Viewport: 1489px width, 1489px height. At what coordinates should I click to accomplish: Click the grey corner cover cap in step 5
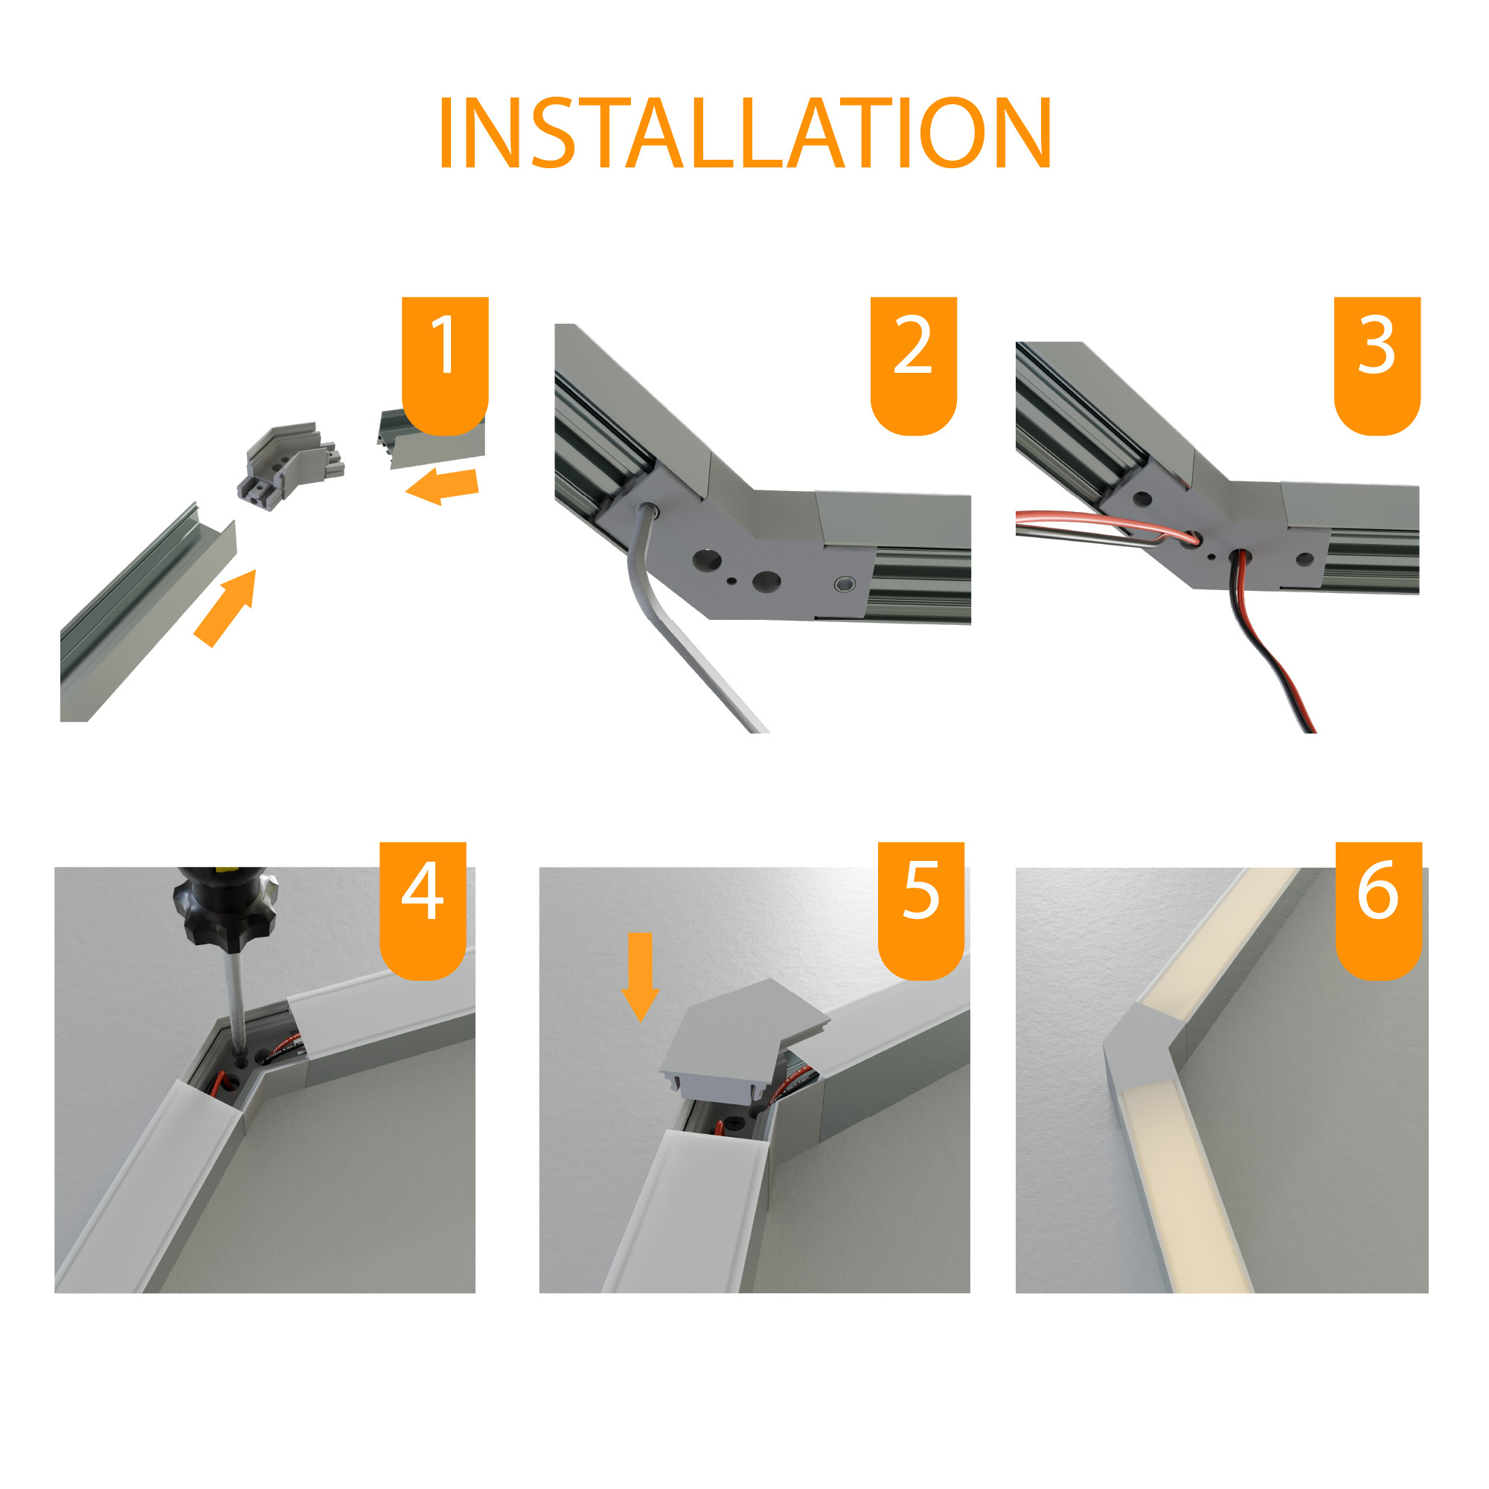(743, 1040)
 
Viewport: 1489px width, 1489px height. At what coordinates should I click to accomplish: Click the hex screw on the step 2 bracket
(845, 583)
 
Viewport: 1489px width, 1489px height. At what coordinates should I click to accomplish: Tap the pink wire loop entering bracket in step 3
(1106, 527)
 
